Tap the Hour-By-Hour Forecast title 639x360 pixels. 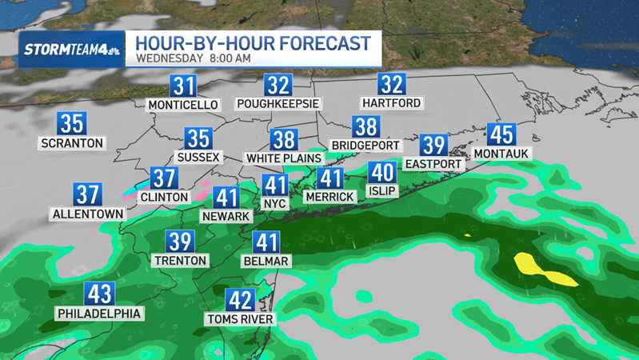click(253, 42)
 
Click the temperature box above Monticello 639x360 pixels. click(184, 86)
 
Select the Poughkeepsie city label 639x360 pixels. click(278, 104)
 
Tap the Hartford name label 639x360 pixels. click(391, 104)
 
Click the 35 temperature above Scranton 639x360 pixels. click(72, 124)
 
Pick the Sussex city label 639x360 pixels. click(198, 158)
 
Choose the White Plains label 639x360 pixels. click(283, 158)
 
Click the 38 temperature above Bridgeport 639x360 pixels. click(365, 126)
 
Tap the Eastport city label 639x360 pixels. click(433, 164)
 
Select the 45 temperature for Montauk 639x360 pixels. click(501, 134)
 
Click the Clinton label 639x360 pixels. click(164, 197)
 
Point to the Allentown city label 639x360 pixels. click(88, 214)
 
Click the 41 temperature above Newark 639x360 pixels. click(227, 197)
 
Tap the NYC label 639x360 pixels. click(275, 204)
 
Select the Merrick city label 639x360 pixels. click(329, 197)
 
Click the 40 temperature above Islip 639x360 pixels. click(381, 173)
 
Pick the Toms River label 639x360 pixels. click(240, 319)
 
